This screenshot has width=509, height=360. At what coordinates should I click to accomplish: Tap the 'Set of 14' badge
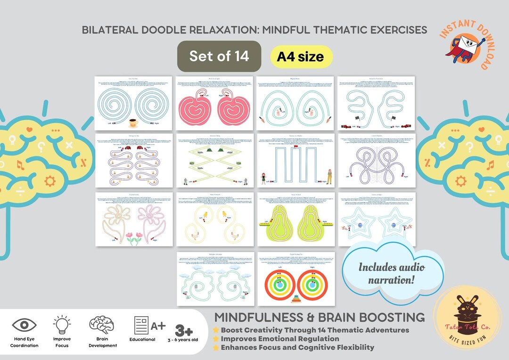(219, 56)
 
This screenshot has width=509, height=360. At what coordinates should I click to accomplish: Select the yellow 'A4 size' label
(300, 57)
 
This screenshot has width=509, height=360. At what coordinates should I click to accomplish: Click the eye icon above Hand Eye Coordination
(24, 325)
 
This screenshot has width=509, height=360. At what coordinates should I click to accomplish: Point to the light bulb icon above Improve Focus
(62, 325)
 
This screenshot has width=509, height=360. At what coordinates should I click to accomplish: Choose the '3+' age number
(185, 330)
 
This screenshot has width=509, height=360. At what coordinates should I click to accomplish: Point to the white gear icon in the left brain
(49, 180)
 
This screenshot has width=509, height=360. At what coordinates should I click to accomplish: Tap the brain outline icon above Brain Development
(101, 325)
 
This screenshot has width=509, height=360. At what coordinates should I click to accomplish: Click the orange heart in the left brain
(29, 129)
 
